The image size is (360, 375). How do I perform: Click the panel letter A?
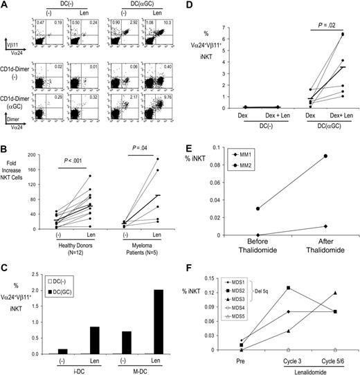[5, 5]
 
